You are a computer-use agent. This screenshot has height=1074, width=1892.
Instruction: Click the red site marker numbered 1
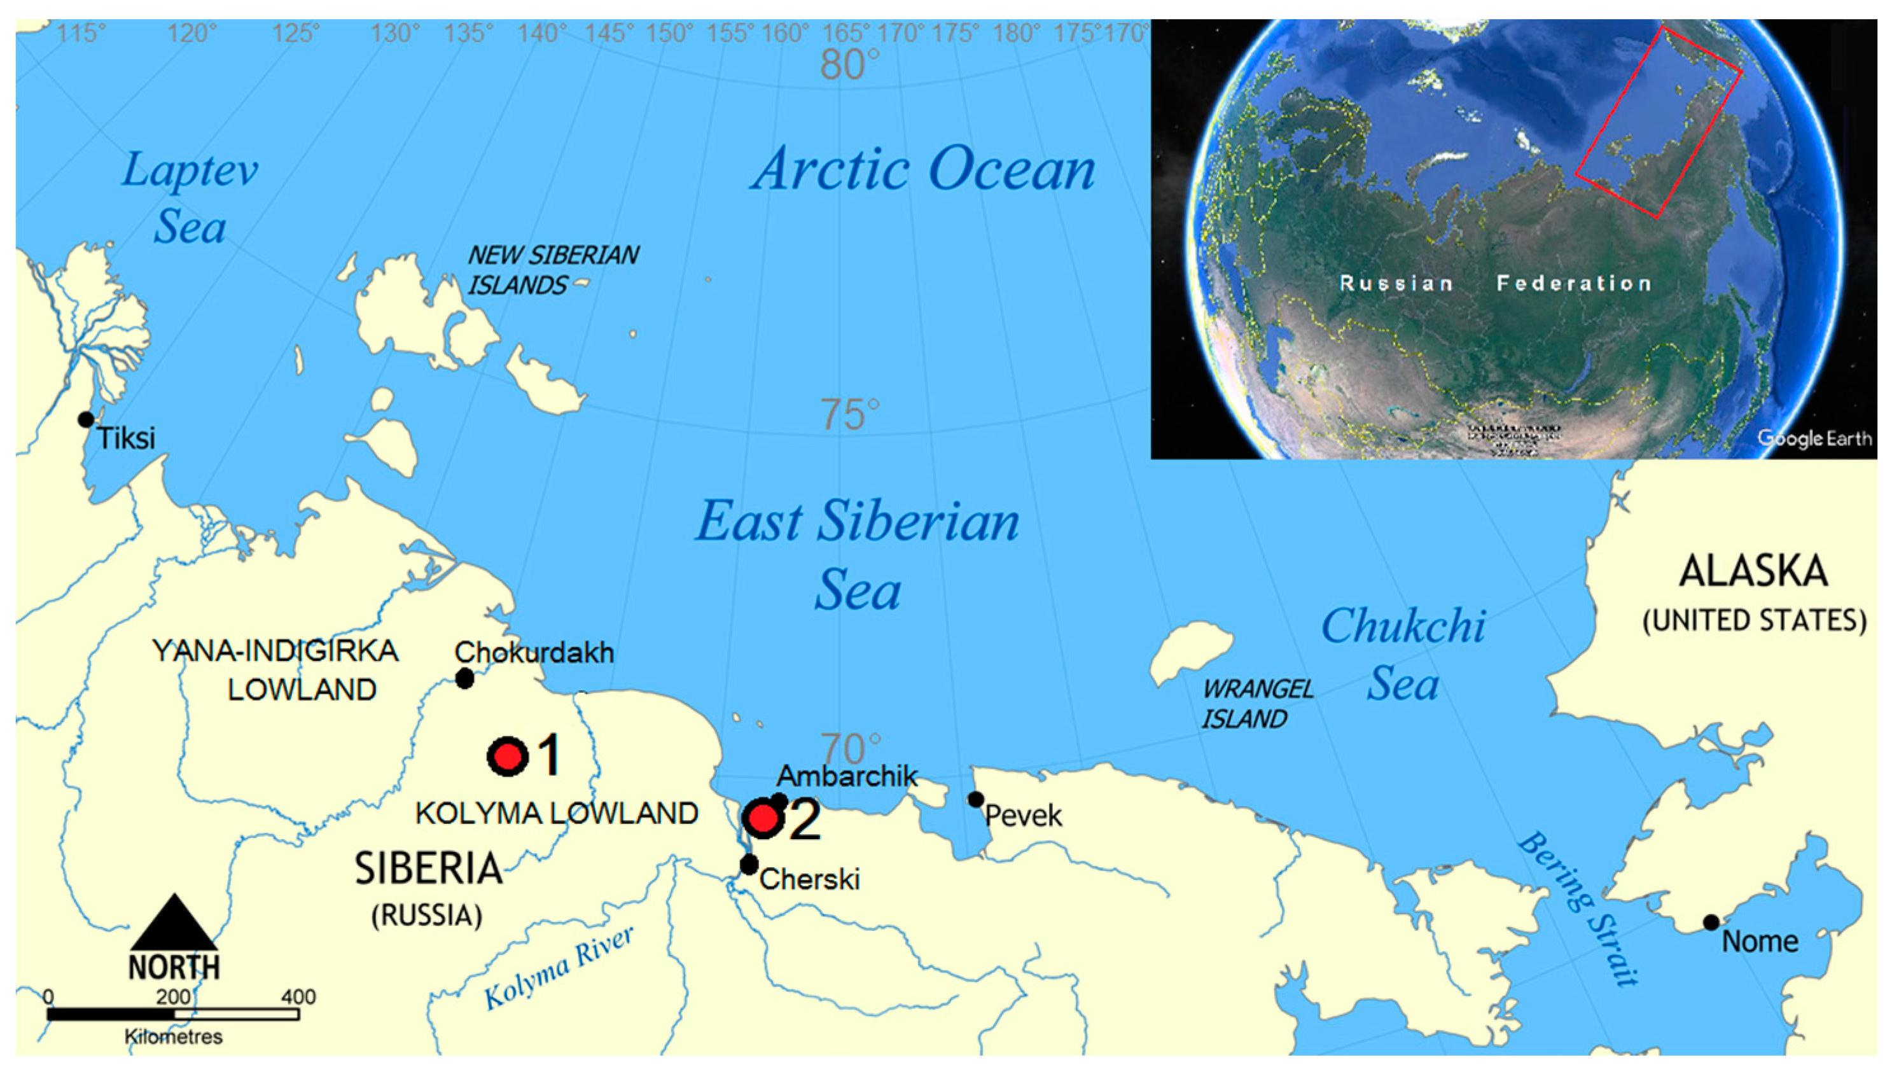508,756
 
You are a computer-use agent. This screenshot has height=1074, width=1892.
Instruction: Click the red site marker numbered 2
763,818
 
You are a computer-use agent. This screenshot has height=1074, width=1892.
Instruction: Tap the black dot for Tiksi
87,419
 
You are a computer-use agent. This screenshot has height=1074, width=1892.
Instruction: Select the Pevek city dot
975,799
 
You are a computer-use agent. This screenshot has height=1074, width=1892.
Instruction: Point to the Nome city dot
1711,922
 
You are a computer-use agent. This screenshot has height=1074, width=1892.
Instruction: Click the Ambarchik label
847,775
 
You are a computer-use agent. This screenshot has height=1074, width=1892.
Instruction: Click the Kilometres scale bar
173,1014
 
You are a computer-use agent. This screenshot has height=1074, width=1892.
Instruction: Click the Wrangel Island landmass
1192,648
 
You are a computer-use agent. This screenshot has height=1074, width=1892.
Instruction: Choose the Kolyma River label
559,968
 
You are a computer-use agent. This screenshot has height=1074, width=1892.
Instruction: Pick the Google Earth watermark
1814,438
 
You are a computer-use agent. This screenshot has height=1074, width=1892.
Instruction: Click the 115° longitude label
81,33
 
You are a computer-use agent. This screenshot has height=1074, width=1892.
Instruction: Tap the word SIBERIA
428,868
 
